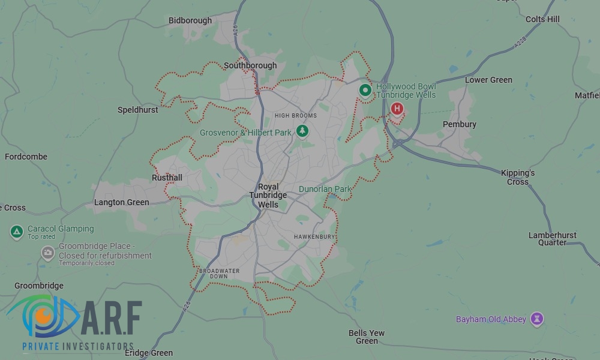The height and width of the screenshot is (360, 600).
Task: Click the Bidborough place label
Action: click(x=190, y=20)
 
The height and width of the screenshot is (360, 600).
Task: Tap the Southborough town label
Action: click(x=250, y=65)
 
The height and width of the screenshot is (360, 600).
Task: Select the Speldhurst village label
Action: click(x=138, y=110)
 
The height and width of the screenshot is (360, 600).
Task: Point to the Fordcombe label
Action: click(x=26, y=157)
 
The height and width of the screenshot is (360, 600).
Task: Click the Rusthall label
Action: click(x=167, y=178)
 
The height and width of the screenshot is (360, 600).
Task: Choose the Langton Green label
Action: click(x=122, y=202)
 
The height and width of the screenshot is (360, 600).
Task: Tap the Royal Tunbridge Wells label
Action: click(x=268, y=196)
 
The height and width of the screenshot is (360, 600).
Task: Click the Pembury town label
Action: click(x=460, y=124)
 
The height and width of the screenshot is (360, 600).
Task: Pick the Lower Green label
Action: click(x=488, y=80)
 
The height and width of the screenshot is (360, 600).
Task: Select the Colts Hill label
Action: click(x=542, y=19)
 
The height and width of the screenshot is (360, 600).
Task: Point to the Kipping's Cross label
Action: click(x=518, y=177)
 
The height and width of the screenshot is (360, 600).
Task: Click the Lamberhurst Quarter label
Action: click(x=552, y=239)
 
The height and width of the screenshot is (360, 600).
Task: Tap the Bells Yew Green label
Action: click(x=367, y=337)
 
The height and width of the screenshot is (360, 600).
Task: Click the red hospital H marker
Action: click(x=397, y=108)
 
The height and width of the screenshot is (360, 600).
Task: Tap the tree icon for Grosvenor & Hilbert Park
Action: click(x=302, y=130)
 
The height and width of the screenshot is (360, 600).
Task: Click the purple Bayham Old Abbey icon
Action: click(x=538, y=319)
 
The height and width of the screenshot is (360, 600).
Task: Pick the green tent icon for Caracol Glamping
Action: click(x=17, y=232)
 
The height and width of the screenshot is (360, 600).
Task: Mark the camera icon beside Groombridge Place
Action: click(x=47, y=253)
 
